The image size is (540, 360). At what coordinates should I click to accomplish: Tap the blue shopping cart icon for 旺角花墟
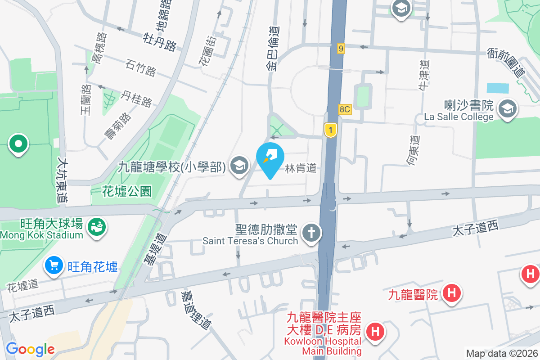(x=54, y=266)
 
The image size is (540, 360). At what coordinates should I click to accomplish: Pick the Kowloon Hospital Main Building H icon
(x=374, y=332)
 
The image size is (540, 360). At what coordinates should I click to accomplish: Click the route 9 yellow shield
(x=342, y=49)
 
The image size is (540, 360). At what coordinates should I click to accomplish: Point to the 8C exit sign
(x=345, y=109)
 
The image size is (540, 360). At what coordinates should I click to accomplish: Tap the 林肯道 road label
(x=301, y=168)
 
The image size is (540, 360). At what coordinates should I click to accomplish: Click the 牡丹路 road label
(x=160, y=41)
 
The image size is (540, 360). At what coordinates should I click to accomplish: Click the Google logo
(x=30, y=349)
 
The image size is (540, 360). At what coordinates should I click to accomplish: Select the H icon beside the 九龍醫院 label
(x=451, y=294)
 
